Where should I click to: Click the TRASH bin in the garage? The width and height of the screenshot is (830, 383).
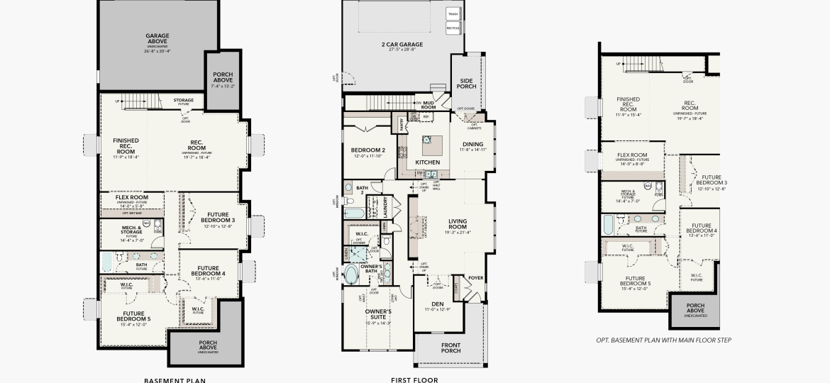coord(453,13)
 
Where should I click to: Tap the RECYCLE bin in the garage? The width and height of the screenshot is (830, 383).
coord(453,28)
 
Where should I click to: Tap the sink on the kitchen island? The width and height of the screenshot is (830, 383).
coord(428,140)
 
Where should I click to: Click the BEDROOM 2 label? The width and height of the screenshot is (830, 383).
coord(367,150)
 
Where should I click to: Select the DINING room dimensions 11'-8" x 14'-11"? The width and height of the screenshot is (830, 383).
coord(472,150)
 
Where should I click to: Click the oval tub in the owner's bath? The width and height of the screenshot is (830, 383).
coord(351,274)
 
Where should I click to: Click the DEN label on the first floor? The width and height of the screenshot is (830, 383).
coord(437,304)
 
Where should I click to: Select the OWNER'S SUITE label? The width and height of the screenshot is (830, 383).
coord(378,313)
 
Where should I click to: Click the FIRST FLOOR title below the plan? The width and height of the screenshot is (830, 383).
coord(414,379)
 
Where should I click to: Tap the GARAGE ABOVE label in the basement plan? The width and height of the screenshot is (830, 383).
coord(157,38)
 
